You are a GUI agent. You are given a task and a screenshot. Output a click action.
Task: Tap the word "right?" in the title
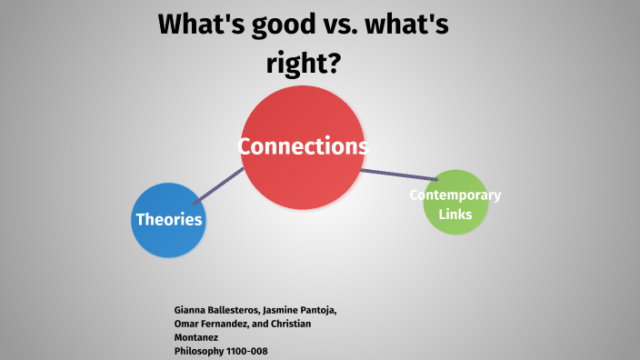(304, 64)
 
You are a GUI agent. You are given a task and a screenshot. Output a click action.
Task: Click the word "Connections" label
(303, 146)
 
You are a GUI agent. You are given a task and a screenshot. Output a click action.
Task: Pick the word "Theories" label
(169, 219)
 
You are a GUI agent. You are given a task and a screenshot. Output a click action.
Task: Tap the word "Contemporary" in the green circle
(455, 195)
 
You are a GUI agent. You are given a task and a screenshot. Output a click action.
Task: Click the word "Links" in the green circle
(455, 214)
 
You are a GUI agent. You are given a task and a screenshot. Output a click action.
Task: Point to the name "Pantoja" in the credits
(315, 311)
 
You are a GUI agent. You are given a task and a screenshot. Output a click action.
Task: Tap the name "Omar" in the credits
(187, 324)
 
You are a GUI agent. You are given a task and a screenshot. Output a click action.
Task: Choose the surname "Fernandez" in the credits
(229, 324)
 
